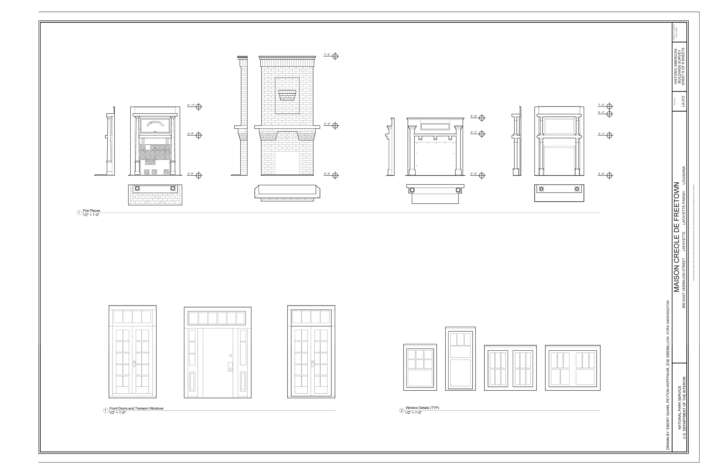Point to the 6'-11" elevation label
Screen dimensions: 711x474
(191, 105)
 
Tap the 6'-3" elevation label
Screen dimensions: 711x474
(601, 112)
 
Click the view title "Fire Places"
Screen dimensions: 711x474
(91, 211)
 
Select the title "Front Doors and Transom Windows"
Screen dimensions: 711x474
(136, 408)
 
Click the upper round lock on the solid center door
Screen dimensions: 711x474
(230, 356)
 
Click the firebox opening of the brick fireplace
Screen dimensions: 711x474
(287, 163)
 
